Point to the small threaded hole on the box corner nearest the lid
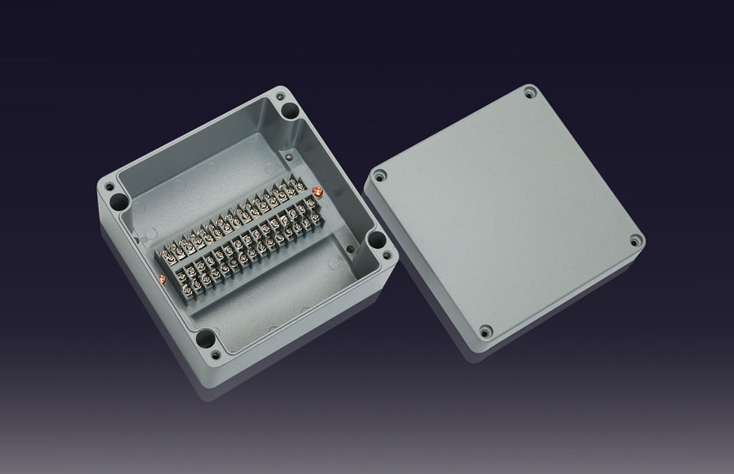point(386,255)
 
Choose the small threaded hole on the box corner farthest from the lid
point(108,186)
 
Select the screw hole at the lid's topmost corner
point(528,94)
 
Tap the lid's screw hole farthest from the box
point(634,241)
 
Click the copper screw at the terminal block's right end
point(316,192)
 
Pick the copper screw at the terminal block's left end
point(161,279)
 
